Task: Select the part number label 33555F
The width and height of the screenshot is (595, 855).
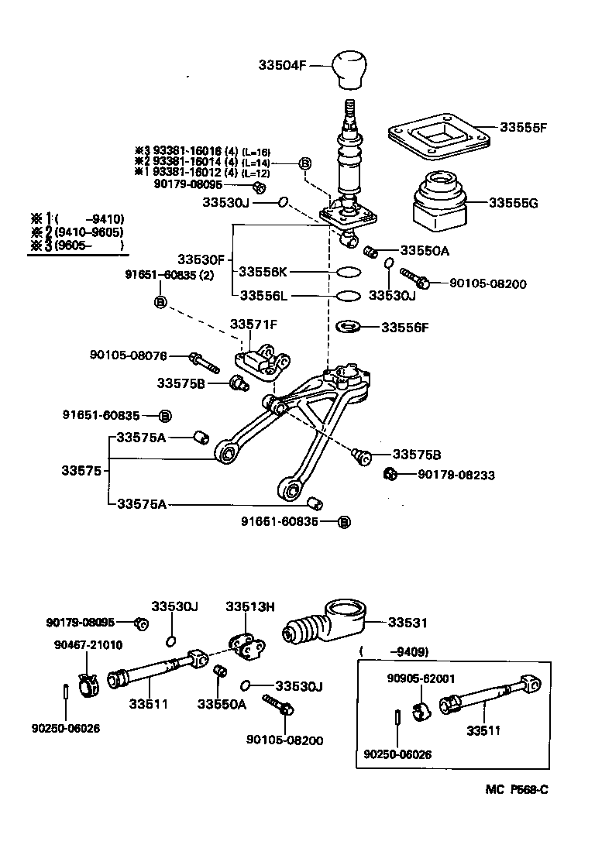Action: click(524, 126)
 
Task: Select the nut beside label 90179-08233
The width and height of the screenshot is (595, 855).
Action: click(391, 474)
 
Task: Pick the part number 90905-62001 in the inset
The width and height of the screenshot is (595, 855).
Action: click(420, 679)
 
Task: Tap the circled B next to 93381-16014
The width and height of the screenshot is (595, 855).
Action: click(305, 163)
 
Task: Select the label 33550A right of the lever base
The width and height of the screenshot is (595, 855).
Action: click(425, 251)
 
